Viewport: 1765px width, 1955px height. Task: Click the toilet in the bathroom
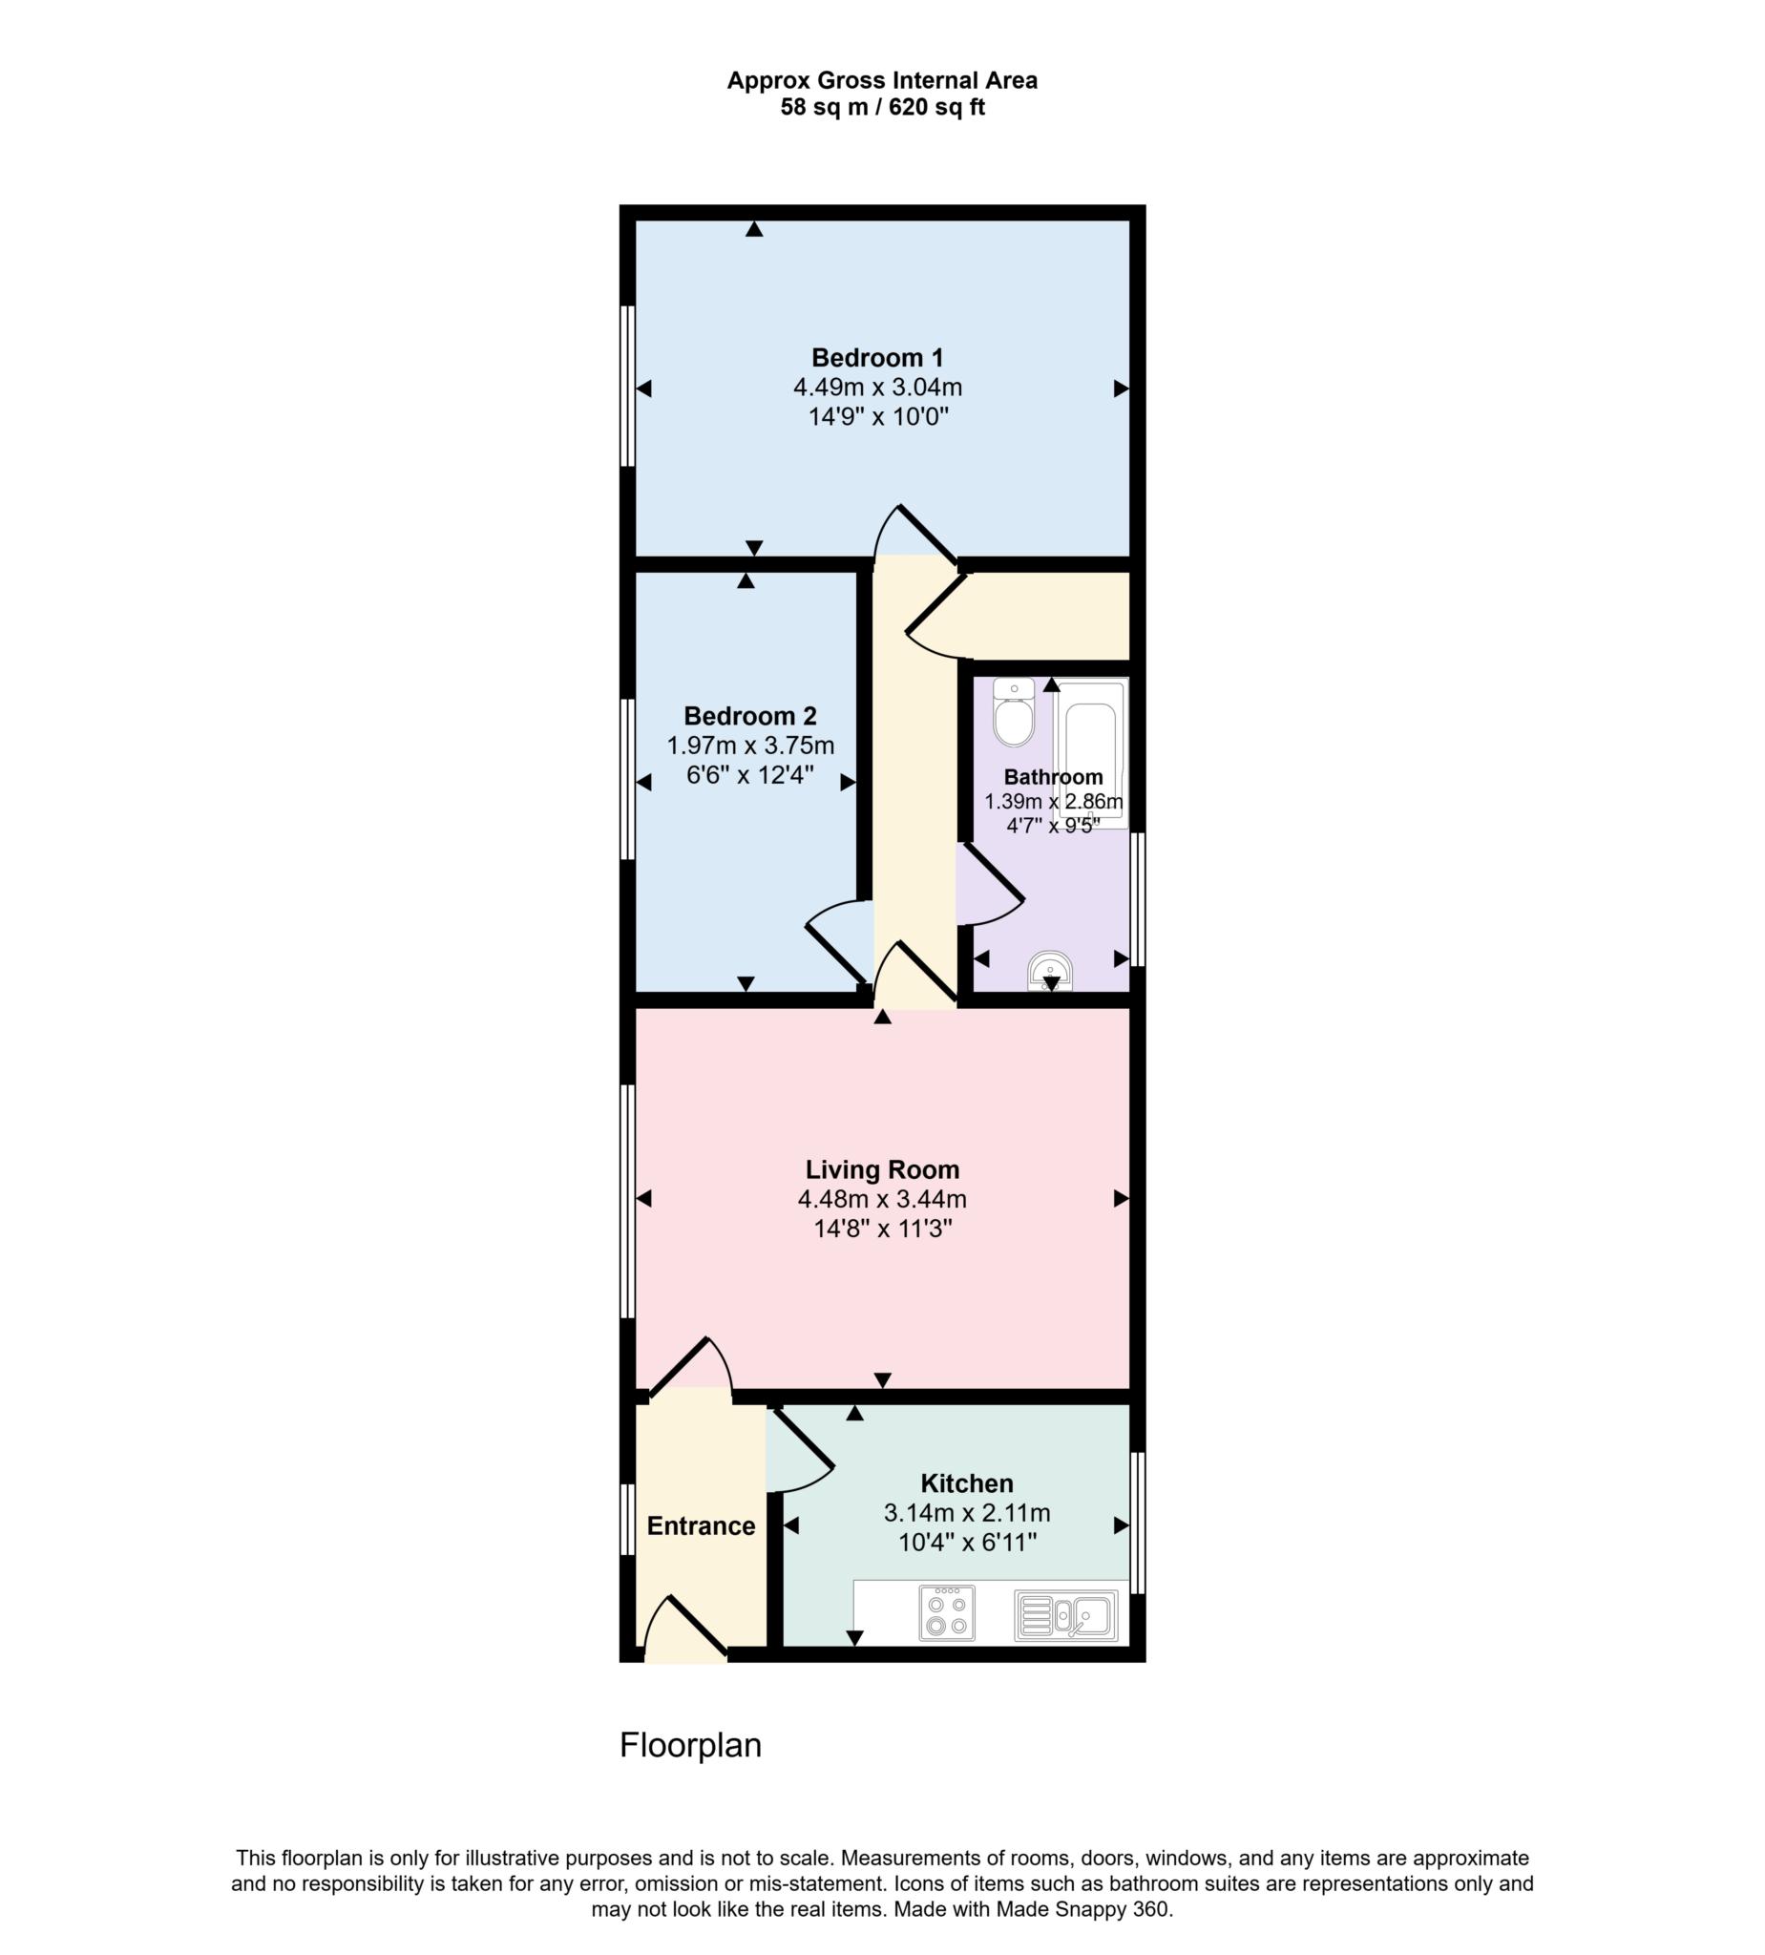point(1014,715)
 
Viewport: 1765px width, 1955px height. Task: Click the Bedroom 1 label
point(876,358)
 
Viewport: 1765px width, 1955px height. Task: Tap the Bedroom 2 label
point(749,717)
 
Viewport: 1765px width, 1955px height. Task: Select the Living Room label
point(881,1170)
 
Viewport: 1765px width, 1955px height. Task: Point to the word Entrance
point(701,1526)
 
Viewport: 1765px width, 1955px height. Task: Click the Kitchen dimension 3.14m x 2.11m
point(966,1513)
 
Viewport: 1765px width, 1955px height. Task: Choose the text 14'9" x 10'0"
point(877,418)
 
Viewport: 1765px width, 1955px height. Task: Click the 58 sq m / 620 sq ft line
point(881,108)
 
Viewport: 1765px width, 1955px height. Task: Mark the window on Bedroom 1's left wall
point(627,386)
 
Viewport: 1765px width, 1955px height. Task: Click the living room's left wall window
point(627,1201)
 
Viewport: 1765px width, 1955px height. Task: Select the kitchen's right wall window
point(1139,1523)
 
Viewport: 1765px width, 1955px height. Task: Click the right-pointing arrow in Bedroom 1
point(1120,389)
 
